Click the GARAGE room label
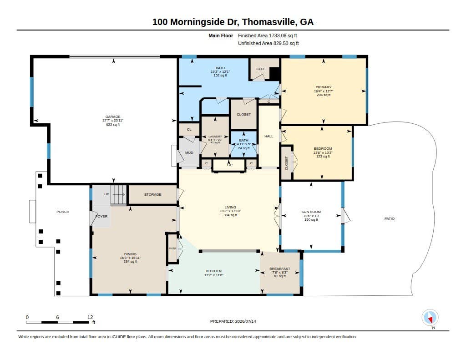(113, 117)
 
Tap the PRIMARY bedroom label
(324, 87)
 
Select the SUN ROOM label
(311, 212)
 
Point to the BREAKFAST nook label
(280, 269)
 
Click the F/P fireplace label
(230, 165)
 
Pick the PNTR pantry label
(172, 248)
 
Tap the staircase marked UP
(119, 195)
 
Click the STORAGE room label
(153, 194)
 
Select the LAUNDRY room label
(215, 137)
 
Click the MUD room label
(189, 152)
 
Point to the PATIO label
(390, 218)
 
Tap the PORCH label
(63, 212)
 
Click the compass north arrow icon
(430, 318)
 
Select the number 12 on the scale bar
(90, 317)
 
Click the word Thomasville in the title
(269, 22)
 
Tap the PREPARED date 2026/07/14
(245, 321)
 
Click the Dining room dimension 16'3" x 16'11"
(130, 258)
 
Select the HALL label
(268, 136)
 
